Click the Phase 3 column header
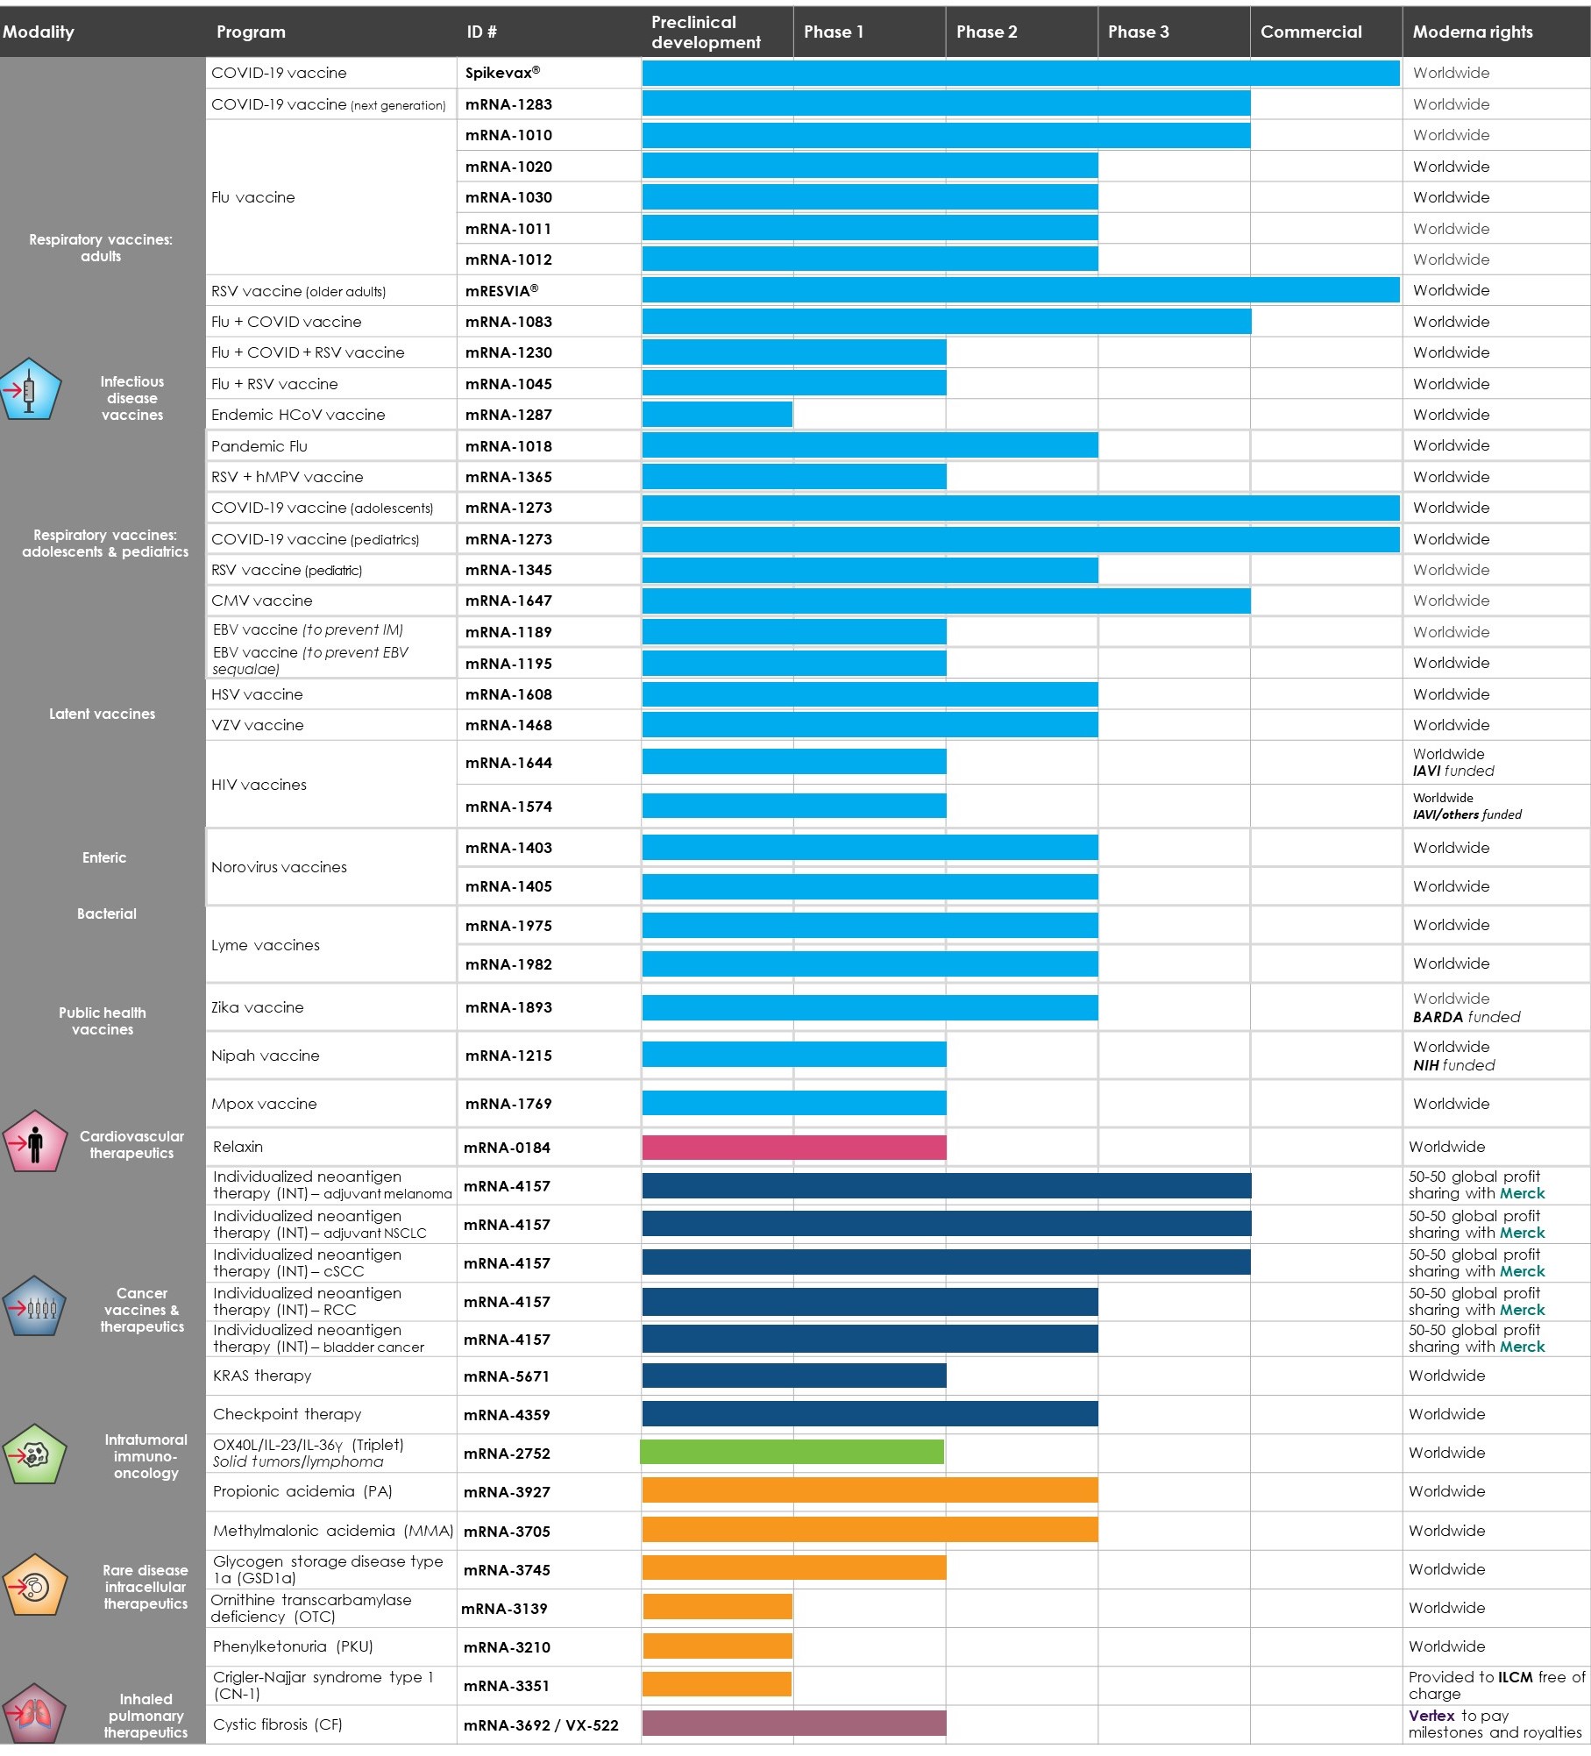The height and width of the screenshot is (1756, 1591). (x=1138, y=32)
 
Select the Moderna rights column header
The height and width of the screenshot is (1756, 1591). (x=1473, y=32)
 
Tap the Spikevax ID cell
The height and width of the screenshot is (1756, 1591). (x=502, y=73)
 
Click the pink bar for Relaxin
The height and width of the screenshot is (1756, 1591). (x=793, y=1148)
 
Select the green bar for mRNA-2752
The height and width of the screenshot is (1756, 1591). (x=792, y=1453)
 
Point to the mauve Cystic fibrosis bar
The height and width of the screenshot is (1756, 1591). (x=793, y=1724)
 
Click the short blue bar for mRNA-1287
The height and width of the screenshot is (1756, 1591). (x=717, y=415)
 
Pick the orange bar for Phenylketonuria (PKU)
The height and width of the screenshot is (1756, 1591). (x=717, y=1646)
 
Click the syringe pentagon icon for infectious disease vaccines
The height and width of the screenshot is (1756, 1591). (x=31, y=389)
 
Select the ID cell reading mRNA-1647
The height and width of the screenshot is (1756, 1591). (x=508, y=601)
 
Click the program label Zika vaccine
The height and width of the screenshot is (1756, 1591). (x=257, y=1008)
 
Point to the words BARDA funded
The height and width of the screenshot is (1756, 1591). (x=1466, y=1018)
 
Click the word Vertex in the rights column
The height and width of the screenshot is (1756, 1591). (x=1431, y=1716)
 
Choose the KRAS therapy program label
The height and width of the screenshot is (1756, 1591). (x=262, y=1376)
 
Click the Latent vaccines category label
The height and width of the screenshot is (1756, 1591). (x=102, y=714)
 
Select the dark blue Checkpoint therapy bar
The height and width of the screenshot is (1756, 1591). (x=869, y=1414)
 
